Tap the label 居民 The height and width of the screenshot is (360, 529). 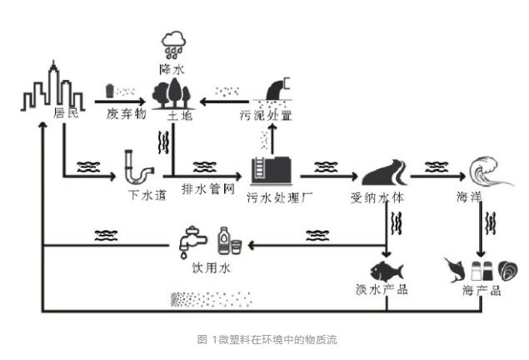coord(64,112)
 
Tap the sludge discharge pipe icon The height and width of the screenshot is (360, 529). coord(280,87)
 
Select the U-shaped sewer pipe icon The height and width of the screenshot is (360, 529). coord(137,169)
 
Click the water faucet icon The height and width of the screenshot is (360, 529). coord(192,240)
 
